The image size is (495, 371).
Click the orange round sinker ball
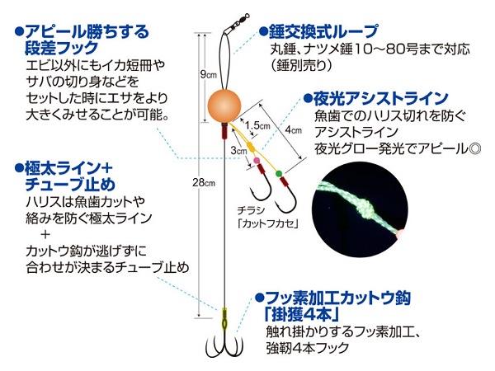224,106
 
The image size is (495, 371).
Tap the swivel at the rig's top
238,22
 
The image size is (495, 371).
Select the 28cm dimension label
204,183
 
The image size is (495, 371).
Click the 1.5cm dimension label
258,125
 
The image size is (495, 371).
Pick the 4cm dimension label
293,129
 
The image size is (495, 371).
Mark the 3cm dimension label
238,151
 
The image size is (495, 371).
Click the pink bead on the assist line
257,161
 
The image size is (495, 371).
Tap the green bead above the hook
279,173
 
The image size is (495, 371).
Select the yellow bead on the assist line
250,147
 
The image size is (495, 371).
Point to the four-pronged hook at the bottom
224,347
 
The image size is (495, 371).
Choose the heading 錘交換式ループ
323,31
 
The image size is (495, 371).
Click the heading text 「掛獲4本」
301,313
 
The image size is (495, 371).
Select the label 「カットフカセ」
268,223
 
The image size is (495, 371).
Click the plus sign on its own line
45,234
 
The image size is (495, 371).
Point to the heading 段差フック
62,49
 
